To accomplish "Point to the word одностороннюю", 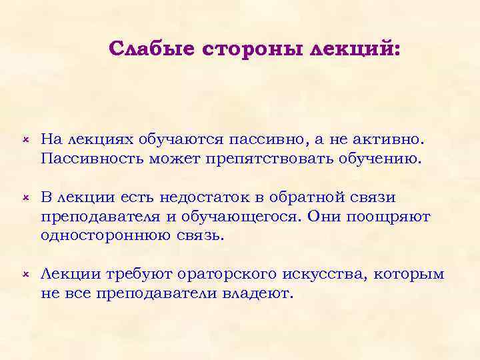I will (x=103, y=237).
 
